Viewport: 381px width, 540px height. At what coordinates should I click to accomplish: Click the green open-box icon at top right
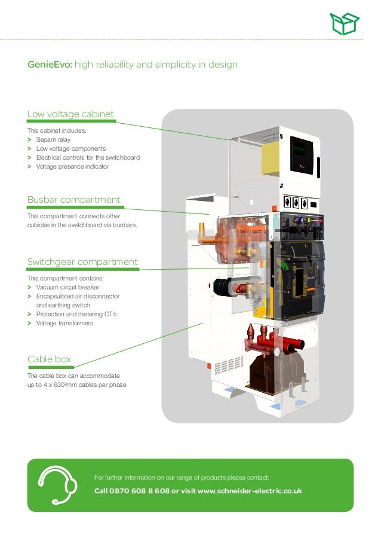(346, 24)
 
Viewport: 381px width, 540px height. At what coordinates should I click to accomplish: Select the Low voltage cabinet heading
(70, 114)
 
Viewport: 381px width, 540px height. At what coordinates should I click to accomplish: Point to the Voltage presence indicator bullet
(72, 166)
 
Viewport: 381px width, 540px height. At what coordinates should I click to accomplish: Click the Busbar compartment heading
(74, 200)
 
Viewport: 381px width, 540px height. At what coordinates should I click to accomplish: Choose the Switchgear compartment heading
(82, 262)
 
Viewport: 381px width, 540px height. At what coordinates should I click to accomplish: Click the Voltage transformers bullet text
(64, 323)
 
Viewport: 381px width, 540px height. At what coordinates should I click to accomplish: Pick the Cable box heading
(49, 359)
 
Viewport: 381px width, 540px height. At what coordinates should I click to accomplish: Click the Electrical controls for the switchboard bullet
(88, 157)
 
